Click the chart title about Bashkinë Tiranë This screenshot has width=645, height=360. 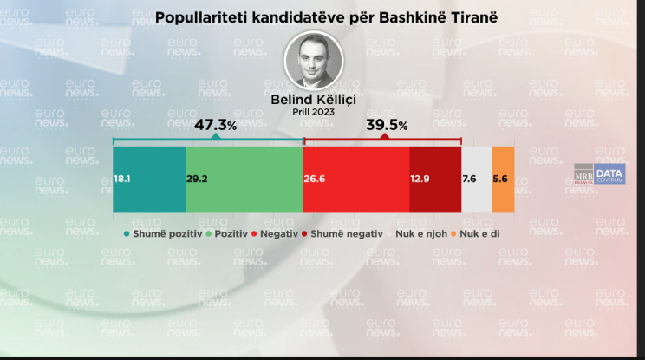(x=314, y=16)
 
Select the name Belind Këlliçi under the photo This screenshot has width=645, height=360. (x=314, y=99)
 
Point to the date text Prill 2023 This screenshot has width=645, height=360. (x=314, y=112)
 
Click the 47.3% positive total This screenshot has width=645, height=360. (x=215, y=126)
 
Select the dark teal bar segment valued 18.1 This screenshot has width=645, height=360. (x=149, y=179)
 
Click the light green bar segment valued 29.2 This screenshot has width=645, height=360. (x=244, y=179)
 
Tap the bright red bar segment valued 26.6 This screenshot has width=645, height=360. (x=355, y=179)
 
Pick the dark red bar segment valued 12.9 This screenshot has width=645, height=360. (x=434, y=179)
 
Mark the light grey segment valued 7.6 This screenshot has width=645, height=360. (x=476, y=179)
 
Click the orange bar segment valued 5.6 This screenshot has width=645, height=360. (x=503, y=179)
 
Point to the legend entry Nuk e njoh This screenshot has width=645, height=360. (x=426, y=233)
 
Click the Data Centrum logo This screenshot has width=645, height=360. (x=610, y=174)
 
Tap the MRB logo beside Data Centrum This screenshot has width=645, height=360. (x=583, y=174)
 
